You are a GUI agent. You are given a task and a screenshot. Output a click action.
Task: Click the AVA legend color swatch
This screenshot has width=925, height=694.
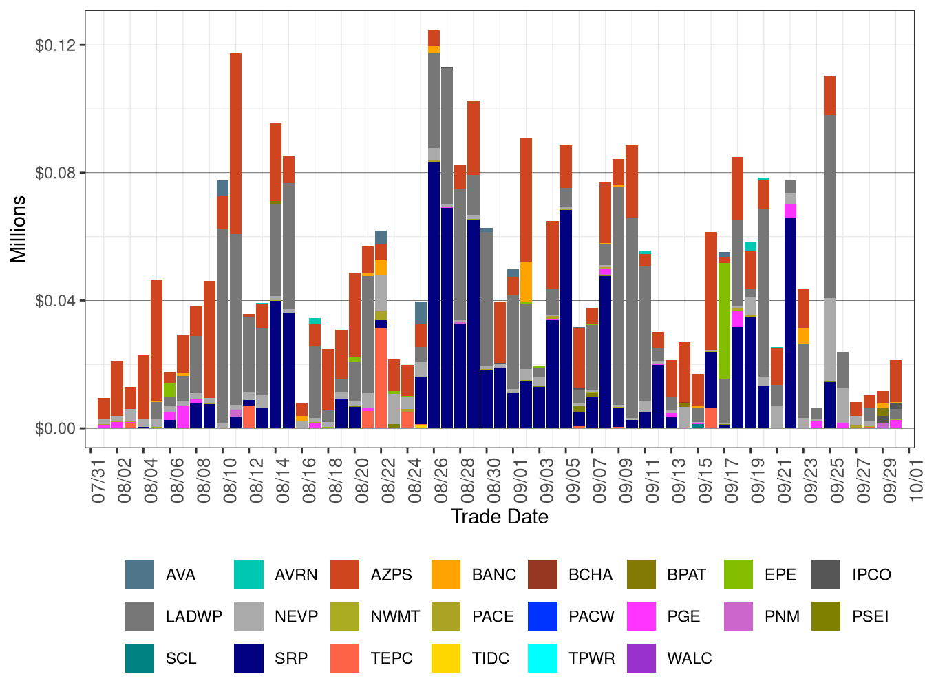coord(140,575)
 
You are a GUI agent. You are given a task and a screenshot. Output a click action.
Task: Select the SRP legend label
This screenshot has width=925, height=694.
coord(290,658)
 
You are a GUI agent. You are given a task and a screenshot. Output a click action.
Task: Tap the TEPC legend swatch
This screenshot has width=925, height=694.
coord(345,658)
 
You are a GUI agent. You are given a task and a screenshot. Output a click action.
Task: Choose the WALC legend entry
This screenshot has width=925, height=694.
coord(689,658)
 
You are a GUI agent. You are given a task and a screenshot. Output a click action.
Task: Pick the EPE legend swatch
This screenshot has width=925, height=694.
coord(738,575)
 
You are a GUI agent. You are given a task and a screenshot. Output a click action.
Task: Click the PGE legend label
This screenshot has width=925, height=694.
coord(683,616)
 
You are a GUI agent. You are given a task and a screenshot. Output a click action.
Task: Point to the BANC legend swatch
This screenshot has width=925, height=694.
coord(446,575)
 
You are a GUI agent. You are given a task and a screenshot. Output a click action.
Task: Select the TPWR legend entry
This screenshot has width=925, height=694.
coord(591,658)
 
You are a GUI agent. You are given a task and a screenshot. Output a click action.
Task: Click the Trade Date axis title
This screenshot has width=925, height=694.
coord(500,516)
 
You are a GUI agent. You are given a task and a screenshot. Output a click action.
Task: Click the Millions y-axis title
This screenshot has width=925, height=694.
coord(19,229)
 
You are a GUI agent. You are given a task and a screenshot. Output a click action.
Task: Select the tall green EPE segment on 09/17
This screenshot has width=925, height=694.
coord(725,320)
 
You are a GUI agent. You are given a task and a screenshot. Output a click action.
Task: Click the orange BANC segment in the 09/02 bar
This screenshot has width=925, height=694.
coord(527,282)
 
